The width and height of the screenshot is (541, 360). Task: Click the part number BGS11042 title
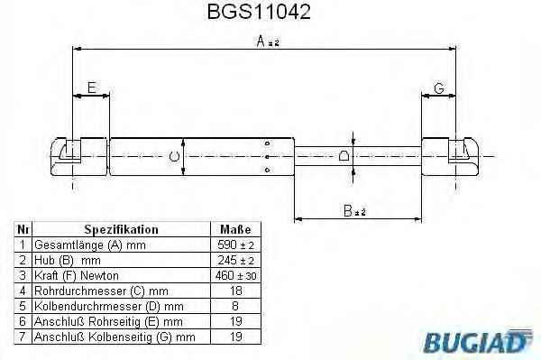[259, 12]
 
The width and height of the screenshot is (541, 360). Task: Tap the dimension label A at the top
[268, 42]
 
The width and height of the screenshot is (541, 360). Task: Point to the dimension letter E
[92, 88]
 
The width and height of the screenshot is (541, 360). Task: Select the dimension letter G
[439, 88]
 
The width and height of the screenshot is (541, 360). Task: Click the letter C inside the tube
[174, 157]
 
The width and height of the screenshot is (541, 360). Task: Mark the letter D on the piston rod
[344, 156]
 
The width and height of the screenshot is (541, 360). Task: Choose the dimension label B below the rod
[354, 211]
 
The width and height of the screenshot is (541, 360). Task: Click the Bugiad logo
[478, 341]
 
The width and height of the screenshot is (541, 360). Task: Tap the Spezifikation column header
[121, 229]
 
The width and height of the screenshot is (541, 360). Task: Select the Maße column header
[235, 229]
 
